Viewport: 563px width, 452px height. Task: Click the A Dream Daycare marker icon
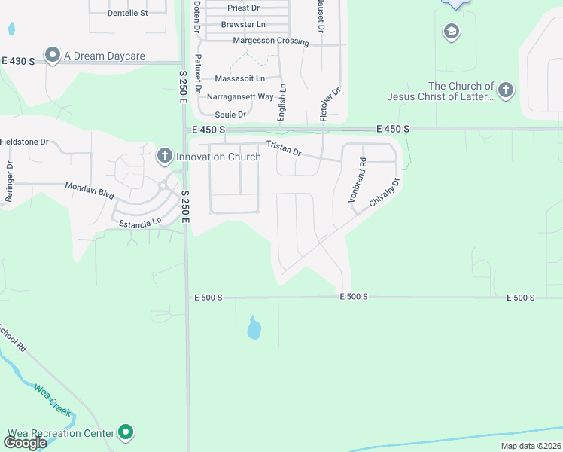tap(53, 55)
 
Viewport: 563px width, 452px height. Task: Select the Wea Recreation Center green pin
tap(127, 432)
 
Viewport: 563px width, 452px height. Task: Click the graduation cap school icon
tap(452, 32)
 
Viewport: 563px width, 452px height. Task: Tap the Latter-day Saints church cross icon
tap(505, 91)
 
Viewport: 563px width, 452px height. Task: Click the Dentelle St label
tap(128, 13)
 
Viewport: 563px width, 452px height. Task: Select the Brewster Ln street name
tap(240, 25)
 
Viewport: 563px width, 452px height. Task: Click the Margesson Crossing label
tap(271, 41)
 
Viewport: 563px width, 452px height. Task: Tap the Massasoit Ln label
tap(240, 78)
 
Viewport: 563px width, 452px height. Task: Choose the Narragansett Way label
tap(240, 96)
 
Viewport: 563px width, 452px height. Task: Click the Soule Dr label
tap(230, 115)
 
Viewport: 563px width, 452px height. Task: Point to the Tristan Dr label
tap(283, 148)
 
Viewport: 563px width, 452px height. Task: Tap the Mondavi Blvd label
tap(90, 190)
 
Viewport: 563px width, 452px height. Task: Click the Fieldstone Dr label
tap(24, 141)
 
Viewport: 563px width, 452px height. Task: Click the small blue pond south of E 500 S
tap(254, 328)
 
